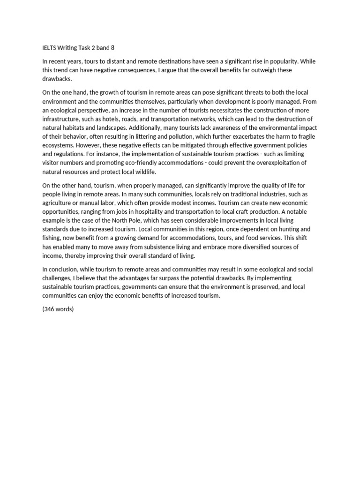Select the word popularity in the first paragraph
click(281, 61)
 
